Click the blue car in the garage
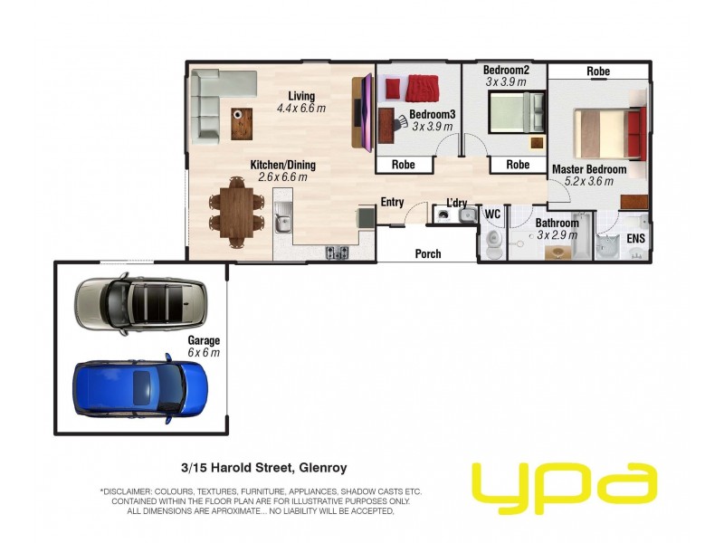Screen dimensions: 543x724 tap(140, 386)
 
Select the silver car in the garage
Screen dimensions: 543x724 tap(140, 304)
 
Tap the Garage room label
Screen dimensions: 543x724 tap(204, 340)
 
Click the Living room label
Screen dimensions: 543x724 tap(301, 96)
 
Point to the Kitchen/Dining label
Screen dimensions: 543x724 tap(283, 166)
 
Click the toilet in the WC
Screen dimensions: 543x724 tap(492, 241)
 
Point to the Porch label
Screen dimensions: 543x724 tap(428, 254)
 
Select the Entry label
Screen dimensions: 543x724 tap(392, 202)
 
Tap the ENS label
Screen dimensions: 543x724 tap(636, 238)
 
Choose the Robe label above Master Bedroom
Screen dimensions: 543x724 tap(597, 71)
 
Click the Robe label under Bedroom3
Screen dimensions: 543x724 tap(403, 165)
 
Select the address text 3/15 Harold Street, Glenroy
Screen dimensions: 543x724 tap(263, 468)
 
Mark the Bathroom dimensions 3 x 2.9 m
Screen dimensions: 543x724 tap(557, 234)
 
